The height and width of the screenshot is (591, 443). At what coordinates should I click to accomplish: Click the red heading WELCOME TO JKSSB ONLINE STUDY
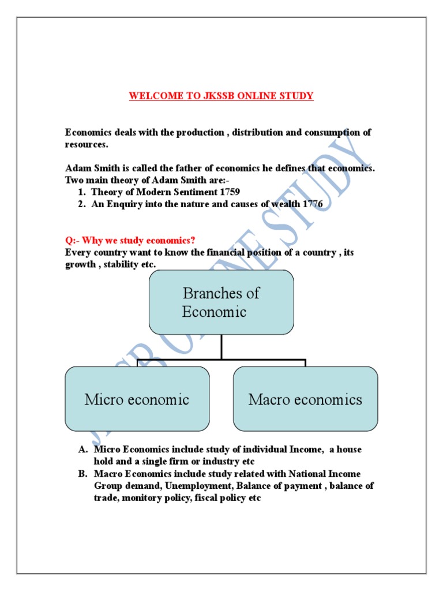(x=221, y=96)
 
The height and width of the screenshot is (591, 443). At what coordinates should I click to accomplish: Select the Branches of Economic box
(x=221, y=302)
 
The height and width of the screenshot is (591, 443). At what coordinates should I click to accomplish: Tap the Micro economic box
(x=137, y=399)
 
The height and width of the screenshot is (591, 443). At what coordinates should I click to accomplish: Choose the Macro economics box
(x=305, y=399)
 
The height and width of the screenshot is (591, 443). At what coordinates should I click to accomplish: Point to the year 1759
(x=228, y=192)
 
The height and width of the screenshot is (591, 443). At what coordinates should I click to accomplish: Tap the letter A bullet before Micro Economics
(x=82, y=450)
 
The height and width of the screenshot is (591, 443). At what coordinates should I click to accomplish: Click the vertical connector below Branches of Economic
(x=221, y=347)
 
